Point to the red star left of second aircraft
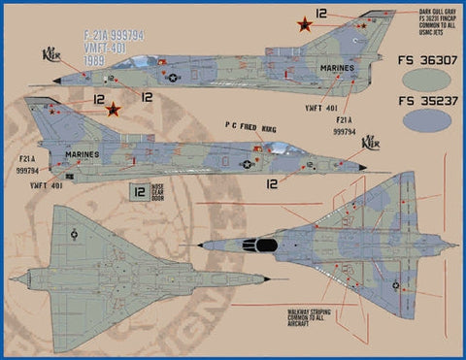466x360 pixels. click(114, 109)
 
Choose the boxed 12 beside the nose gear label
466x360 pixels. click(138, 193)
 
